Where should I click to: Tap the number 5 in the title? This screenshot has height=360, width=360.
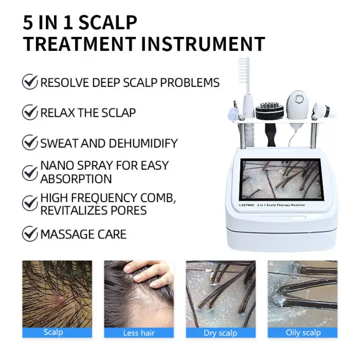(29, 22)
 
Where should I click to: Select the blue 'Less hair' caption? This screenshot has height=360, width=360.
(138, 333)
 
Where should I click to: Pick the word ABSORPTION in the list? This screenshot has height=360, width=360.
(76, 179)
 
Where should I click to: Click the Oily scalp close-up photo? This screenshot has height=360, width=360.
(302, 293)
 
